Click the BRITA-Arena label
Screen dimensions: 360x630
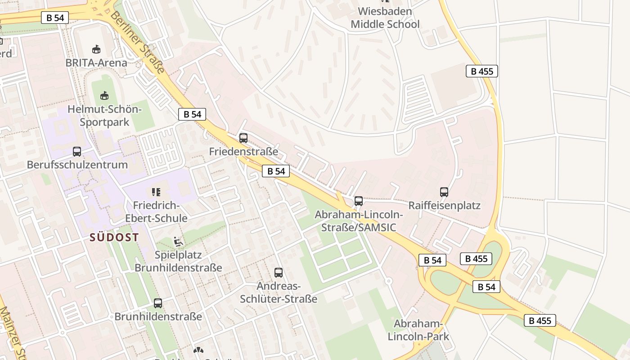[96, 63]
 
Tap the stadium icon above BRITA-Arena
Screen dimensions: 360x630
[96, 49]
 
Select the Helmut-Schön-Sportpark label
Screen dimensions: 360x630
[104, 116]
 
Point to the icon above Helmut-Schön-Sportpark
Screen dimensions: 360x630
[104, 95]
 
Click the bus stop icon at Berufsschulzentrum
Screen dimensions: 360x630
[77, 152]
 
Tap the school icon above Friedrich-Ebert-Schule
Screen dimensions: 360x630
[156, 192]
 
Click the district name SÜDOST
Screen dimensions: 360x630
[114, 237]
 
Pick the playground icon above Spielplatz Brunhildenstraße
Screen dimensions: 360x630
[178, 242]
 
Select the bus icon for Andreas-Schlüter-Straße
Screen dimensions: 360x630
[279, 272]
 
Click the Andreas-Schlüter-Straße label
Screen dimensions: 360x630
[279, 292]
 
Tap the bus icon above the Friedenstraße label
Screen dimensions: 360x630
[243, 138]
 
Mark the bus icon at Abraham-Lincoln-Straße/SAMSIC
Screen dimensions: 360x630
[359, 201]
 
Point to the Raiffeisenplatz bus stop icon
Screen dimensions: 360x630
[444, 192]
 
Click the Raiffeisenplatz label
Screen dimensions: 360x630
[444, 206]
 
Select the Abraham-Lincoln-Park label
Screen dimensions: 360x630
[418, 330]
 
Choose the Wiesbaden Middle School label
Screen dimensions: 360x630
[385, 18]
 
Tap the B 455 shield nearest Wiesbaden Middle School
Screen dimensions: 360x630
[481, 71]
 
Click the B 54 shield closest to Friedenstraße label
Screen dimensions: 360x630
[276, 171]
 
